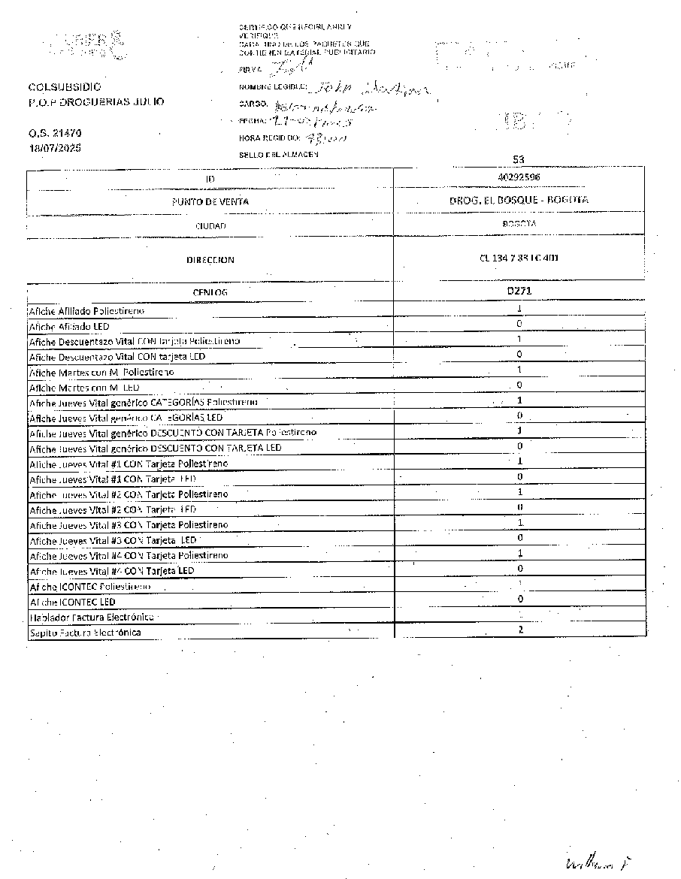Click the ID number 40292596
coord(519,177)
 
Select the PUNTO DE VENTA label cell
coord(210,201)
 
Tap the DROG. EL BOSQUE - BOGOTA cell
coord(519,200)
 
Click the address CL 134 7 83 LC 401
coord(519,258)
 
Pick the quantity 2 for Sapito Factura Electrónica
coord(520,629)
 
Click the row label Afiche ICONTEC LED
coord(72,602)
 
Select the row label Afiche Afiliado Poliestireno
coord(86,310)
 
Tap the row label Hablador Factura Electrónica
coord(91,617)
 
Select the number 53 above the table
coord(518,159)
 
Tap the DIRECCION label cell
coord(210,260)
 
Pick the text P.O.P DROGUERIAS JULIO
coord(95,101)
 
